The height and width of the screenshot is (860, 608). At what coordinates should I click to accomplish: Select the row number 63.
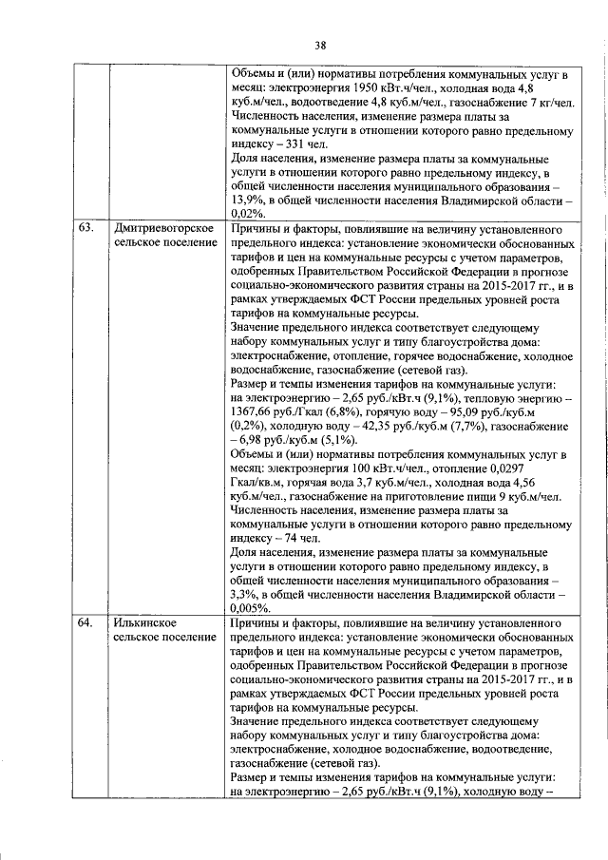point(86,229)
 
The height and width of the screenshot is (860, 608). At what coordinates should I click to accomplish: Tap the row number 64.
point(86,622)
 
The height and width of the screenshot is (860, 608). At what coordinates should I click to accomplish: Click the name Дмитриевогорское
point(162,229)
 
